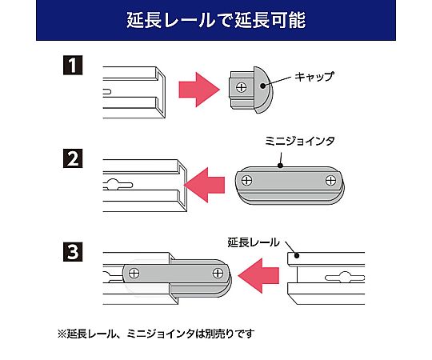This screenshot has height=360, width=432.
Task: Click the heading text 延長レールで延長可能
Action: pos(216,20)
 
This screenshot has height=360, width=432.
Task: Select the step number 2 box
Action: pos(74,158)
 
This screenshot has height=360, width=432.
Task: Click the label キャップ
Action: pos(313,77)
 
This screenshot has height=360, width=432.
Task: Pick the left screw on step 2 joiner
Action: pos(249,182)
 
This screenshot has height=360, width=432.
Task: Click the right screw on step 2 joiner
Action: pos(330,182)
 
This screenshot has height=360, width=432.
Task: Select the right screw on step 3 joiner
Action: pos(216,273)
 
